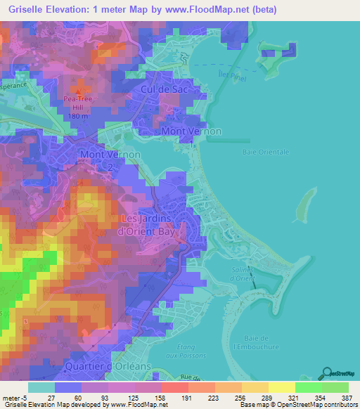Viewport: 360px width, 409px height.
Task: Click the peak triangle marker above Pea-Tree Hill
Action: click(x=79, y=92)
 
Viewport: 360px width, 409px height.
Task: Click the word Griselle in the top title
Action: click(x=23, y=10)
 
